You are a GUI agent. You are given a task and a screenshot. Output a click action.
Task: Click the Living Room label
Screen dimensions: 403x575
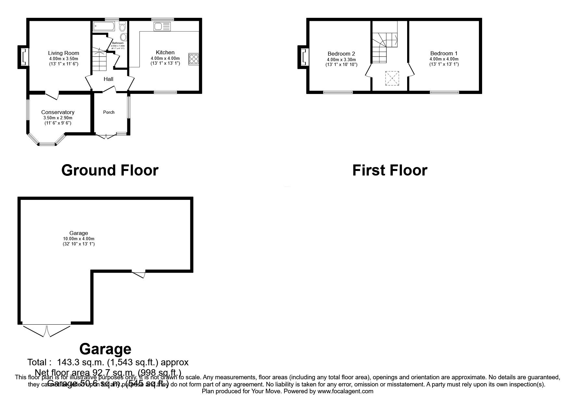pos(64,53)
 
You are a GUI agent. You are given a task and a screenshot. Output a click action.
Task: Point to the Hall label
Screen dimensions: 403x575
pos(108,79)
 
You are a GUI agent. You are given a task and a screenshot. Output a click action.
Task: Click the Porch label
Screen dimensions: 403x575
pos(109,112)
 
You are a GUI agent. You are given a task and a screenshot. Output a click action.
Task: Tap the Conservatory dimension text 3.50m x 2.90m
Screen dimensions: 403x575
pos(58,118)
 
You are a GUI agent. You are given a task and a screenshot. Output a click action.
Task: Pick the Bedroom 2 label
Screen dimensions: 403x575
pos(341,54)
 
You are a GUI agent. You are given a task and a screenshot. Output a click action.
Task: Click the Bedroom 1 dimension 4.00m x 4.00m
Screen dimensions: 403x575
pos(444,59)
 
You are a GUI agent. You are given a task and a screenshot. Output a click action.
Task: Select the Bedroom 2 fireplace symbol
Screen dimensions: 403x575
pos(304,57)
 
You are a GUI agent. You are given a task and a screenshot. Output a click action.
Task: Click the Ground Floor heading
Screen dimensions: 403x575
pos(110,170)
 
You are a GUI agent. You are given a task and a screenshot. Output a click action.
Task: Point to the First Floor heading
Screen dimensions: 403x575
pos(390,170)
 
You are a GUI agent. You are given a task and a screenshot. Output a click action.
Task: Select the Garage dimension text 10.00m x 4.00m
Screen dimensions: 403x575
pos(79,239)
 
